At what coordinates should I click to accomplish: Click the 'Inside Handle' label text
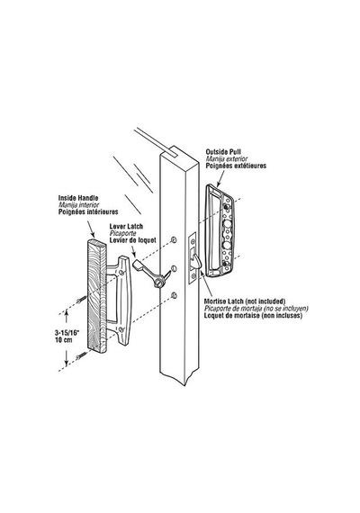click(78, 198)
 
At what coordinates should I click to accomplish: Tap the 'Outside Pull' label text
click(223, 152)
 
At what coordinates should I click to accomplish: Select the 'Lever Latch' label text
click(126, 227)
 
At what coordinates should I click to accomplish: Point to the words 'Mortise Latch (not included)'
click(245, 301)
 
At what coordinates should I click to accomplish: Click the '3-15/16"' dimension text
click(67, 333)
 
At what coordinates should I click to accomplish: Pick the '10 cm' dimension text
click(64, 340)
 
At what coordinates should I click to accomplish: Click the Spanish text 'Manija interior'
click(78, 205)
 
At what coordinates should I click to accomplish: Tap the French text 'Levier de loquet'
click(132, 240)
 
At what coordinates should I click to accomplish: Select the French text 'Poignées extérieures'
click(236, 166)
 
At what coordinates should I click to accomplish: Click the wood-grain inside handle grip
click(96, 296)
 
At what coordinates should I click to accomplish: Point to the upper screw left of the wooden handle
click(81, 299)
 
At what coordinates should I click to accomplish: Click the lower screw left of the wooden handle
click(81, 355)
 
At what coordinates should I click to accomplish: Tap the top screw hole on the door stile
click(174, 240)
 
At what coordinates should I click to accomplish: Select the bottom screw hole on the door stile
click(174, 296)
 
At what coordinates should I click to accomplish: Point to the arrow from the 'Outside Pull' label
click(220, 178)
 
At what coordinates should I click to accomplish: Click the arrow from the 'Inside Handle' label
click(90, 229)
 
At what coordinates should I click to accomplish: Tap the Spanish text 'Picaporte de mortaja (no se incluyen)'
click(256, 309)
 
